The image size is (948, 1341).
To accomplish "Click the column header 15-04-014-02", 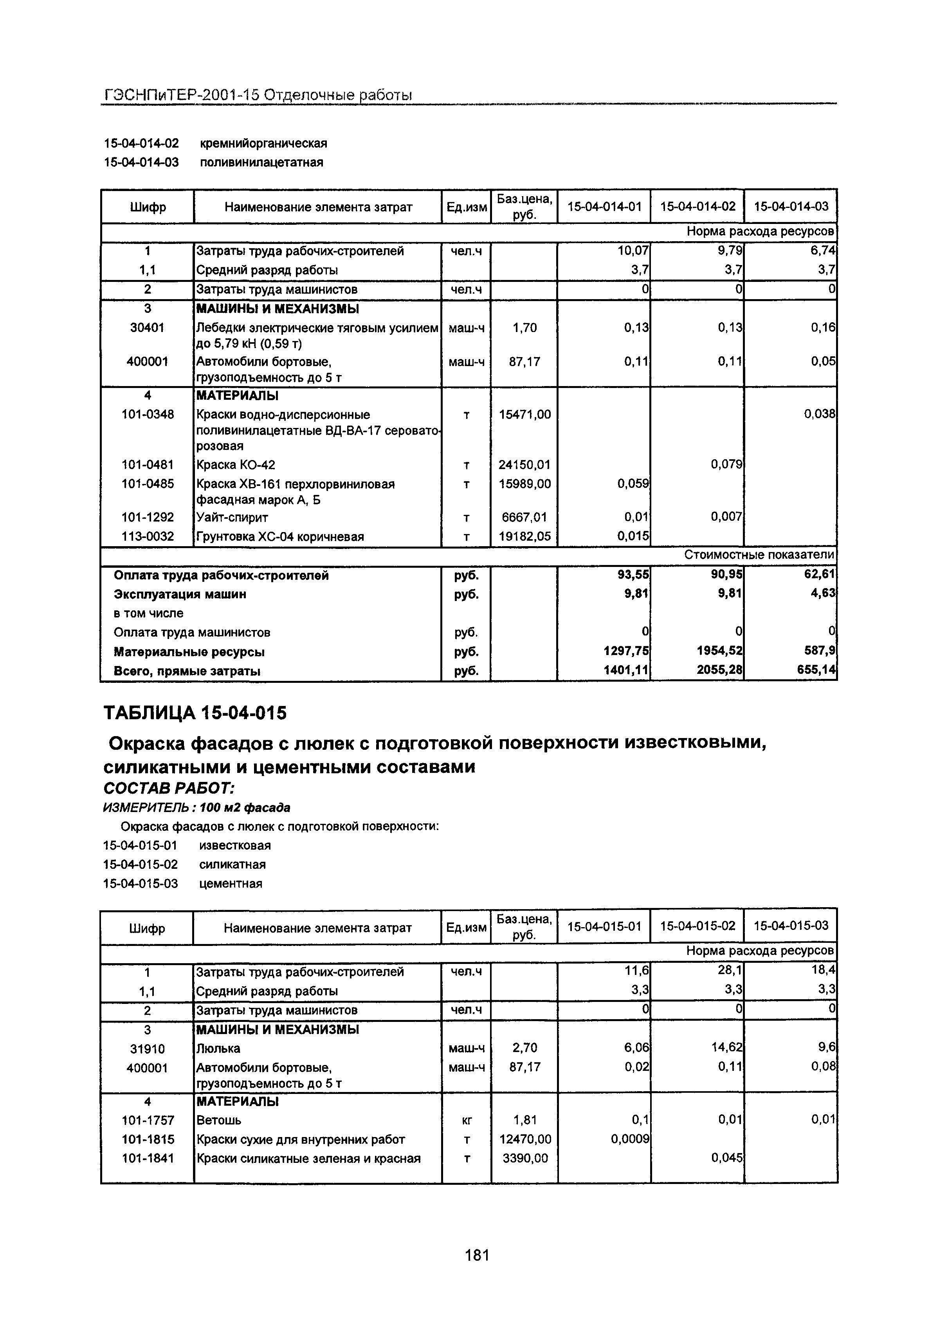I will coord(697,206).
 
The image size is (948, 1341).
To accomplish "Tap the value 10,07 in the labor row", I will coord(633,251).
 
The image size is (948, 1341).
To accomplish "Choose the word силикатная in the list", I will coord(232,865).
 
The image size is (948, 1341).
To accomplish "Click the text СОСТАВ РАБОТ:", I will coord(169,789).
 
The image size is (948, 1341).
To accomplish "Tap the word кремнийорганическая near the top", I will coord(263,143).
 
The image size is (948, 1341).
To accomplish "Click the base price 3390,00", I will coord(525,1158).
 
